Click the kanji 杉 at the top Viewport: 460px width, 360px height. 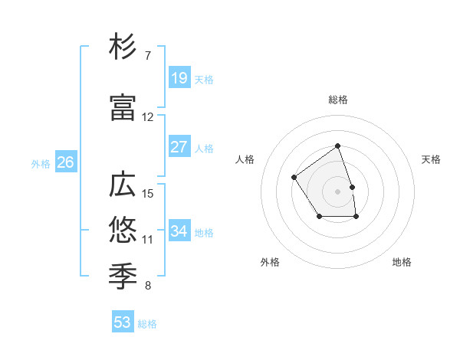pos(123,47)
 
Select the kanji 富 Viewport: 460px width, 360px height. pos(123,109)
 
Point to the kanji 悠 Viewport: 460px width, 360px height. pos(123,229)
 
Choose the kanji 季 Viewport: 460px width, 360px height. pos(123,273)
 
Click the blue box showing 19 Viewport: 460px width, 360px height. pos(179,78)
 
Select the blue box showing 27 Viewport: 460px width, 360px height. pos(179,147)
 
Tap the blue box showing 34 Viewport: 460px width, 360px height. pos(179,231)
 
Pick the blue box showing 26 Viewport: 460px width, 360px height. pos(66,162)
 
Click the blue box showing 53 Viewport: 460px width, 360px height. pos(123,322)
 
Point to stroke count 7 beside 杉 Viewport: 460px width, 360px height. pos(148,56)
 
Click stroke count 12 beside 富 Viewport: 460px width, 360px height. pos(148,117)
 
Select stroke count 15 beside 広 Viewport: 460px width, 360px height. pos(148,193)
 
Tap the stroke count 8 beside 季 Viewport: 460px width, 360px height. pos(148,286)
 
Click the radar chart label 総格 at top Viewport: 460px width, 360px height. pos(338,100)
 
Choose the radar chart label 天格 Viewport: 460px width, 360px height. pos(431,159)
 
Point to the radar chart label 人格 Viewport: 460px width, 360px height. pos(245,159)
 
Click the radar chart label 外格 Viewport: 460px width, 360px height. pos(270,262)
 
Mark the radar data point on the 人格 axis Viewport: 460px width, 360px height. pos(294,178)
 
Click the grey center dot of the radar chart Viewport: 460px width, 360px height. pos(338,191)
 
